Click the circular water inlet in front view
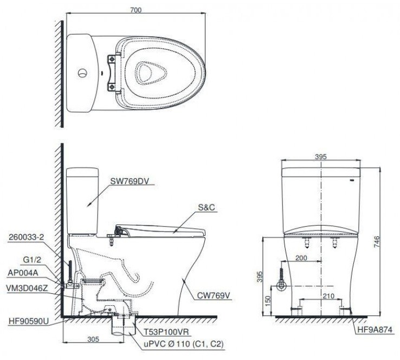click(x=281, y=285)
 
